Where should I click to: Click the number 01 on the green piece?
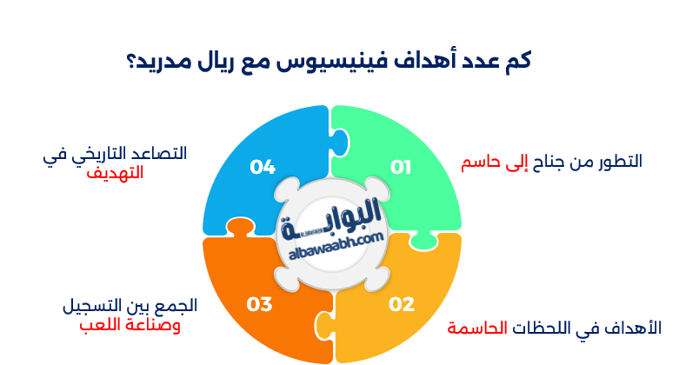coord(400,167)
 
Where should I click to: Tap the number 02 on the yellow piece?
coord(401,304)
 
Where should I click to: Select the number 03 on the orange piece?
coord(259,304)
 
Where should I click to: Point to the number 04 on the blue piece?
coord(262,167)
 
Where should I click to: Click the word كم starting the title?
coord(516,63)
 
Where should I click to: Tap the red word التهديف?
coord(115,173)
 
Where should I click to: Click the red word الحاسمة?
coord(477,328)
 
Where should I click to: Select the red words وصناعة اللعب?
coord(130,326)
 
